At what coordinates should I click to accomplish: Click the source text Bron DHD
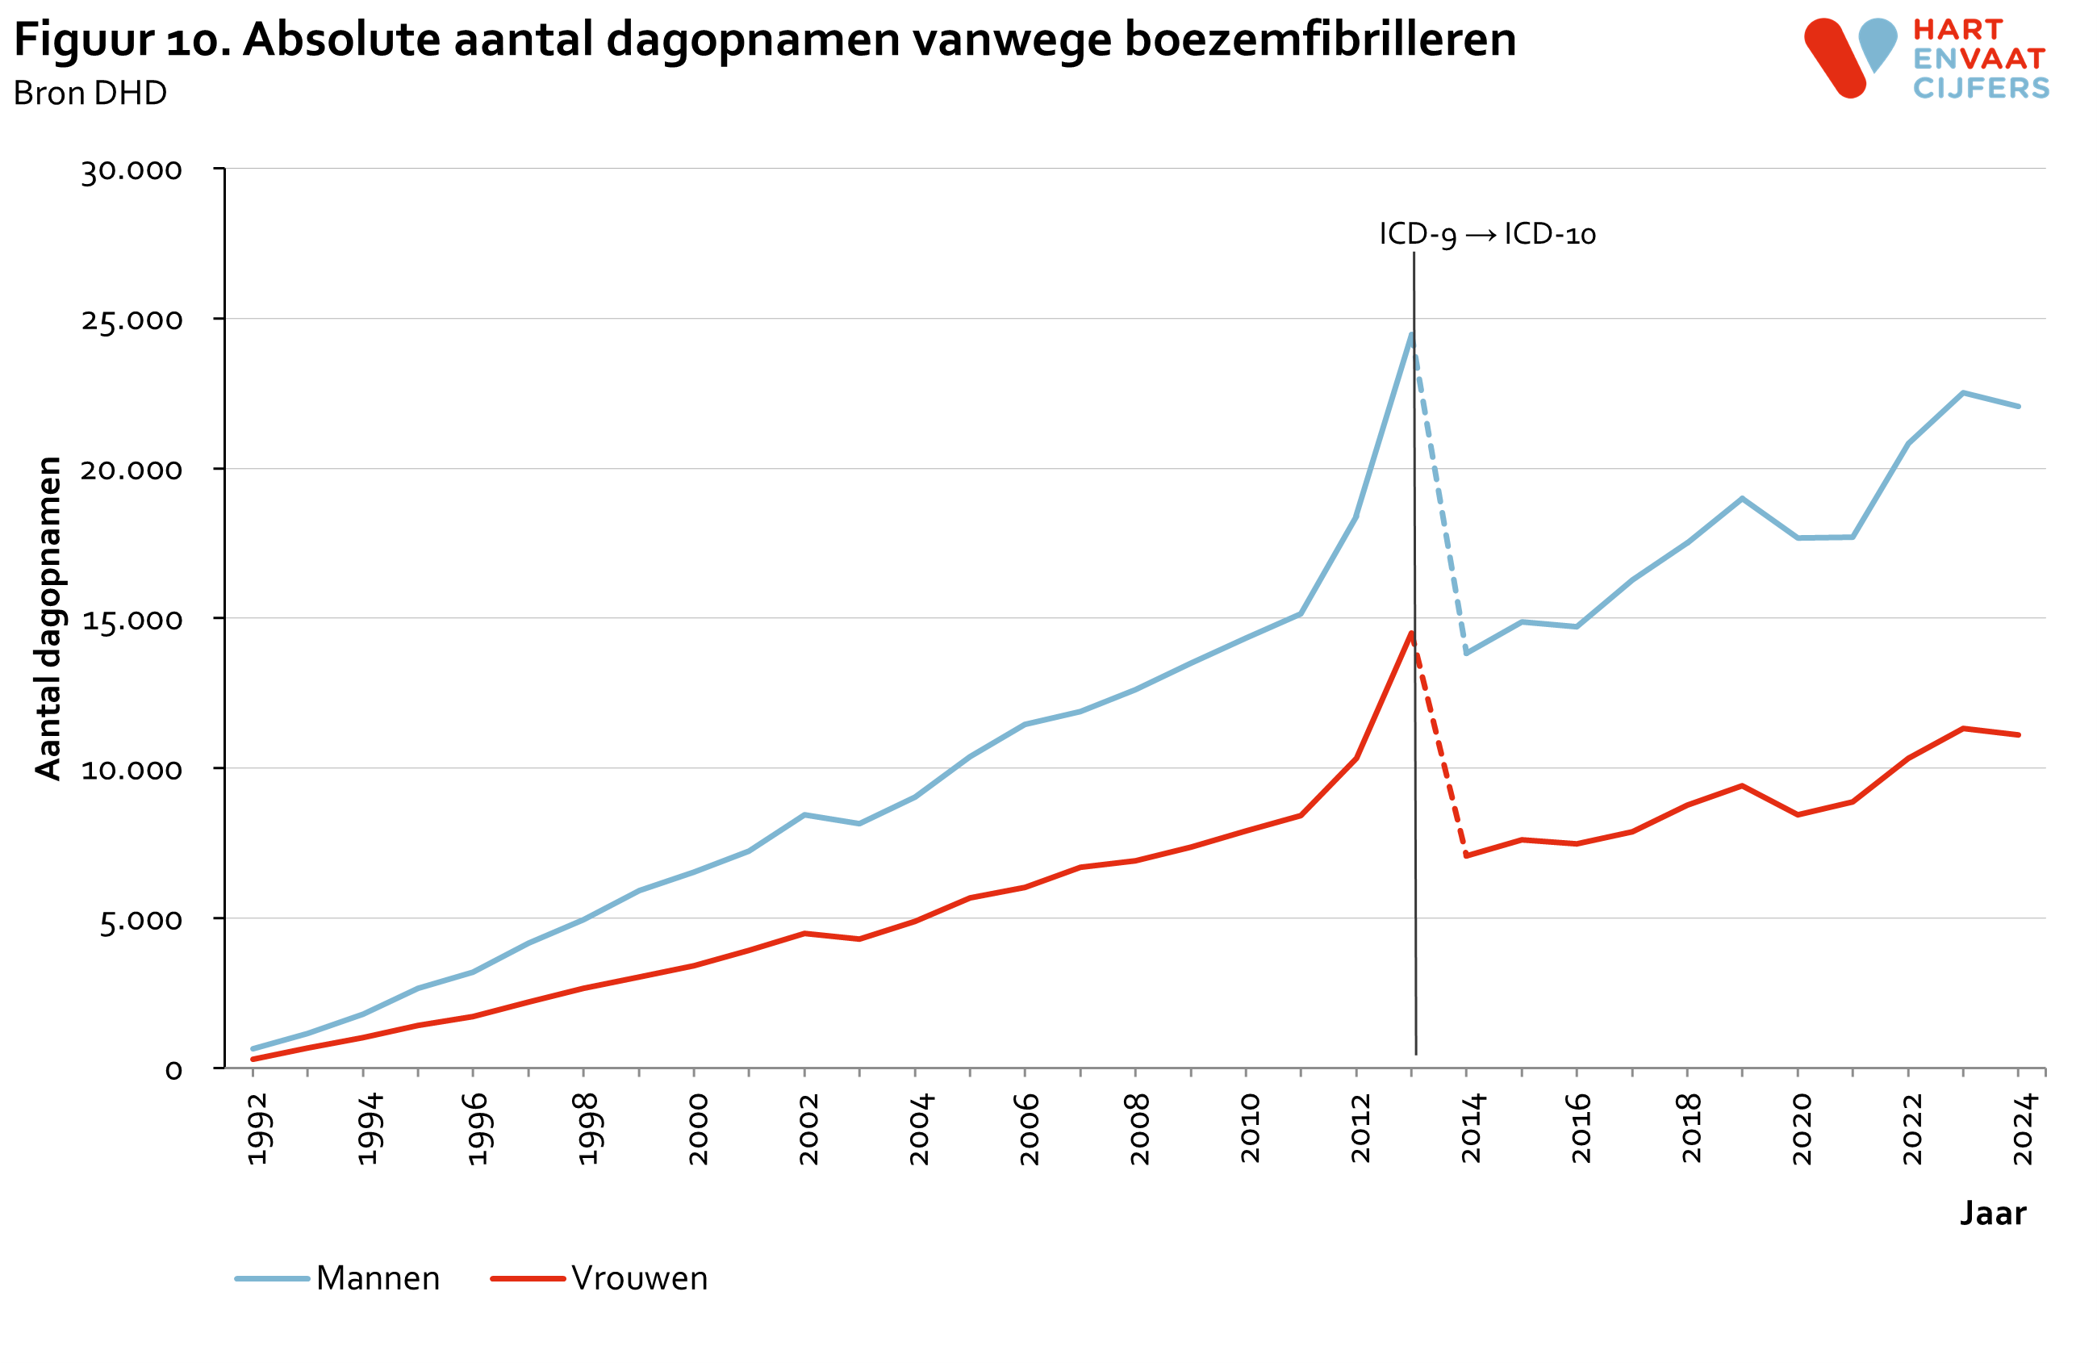tap(90, 94)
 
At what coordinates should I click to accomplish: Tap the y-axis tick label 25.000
tap(132, 320)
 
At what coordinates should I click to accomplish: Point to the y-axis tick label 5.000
tap(140, 921)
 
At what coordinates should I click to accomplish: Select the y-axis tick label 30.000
tap(132, 170)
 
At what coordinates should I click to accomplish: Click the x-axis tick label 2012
tap(1360, 1130)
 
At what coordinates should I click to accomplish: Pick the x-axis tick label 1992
tap(257, 1130)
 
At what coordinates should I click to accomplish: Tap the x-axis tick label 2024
tap(2023, 1130)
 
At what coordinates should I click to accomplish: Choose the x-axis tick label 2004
tap(919, 1130)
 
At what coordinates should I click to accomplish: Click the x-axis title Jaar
tap(1993, 1214)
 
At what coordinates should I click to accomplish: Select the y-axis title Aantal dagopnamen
tap(48, 618)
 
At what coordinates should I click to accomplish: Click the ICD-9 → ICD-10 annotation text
tap(1487, 234)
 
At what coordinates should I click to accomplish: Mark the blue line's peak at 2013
tap(1411, 335)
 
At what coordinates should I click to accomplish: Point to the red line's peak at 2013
tap(1411, 633)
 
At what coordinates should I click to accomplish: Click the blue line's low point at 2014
tap(1466, 653)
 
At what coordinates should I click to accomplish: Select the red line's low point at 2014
tap(1466, 855)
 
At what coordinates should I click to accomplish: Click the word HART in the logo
tap(1957, 30)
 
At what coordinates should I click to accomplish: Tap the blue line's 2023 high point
tap(1963, 393)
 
